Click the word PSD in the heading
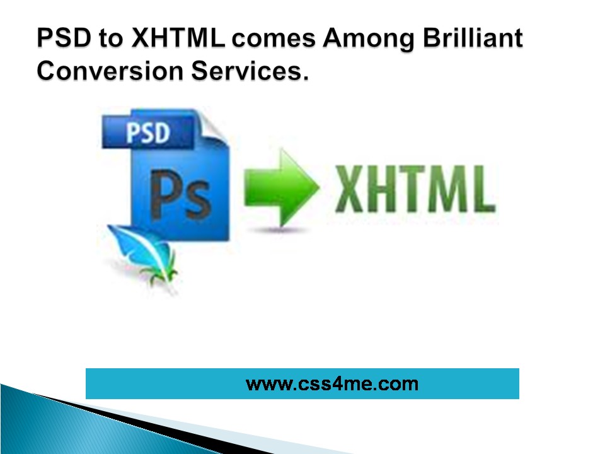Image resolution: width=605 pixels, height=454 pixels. point(64,38)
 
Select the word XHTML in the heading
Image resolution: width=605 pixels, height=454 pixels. point(178,38)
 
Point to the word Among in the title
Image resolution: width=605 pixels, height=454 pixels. point(369,39)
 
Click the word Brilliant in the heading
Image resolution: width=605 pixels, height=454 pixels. point(473,38)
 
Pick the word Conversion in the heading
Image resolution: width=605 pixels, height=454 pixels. point(110,71)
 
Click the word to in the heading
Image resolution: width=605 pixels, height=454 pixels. point(111,38)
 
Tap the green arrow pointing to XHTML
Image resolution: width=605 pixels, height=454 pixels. point(282,188)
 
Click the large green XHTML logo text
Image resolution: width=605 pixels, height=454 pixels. point(415,189)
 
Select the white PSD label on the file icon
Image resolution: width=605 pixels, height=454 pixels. point(148,133)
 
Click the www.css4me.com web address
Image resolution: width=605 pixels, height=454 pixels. point(332,384)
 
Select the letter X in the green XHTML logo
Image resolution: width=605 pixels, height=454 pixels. point(349,189)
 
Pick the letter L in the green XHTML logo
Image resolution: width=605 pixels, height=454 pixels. point(483,189)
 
